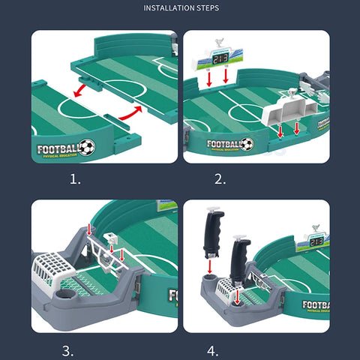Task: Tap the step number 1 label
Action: (x=75, y=179)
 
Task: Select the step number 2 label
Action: (x=220, y=179)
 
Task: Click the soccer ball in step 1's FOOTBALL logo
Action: (x=87, y=147)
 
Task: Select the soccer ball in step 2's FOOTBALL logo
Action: (x=246, y=144)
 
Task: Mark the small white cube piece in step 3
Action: (x=112, y=238)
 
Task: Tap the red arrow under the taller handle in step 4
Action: (x=211, y=265)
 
